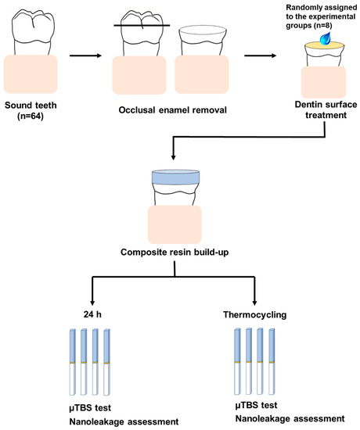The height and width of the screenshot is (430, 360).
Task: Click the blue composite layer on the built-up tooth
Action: (175, 179)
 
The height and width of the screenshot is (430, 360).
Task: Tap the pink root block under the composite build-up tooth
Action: (175, 224)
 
